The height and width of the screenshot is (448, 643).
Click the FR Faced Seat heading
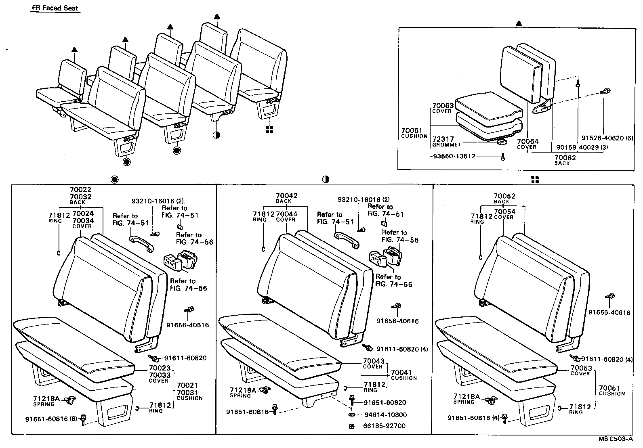(55, 8)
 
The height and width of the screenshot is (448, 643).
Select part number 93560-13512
(452, 157)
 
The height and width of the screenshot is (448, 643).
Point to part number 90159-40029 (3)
(582, 147)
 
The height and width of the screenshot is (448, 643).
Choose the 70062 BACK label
(565, 160)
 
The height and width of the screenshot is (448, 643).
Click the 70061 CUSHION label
(414, 133)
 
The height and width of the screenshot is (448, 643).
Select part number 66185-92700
(385, 426)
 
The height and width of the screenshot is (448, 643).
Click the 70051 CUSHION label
(611, 390)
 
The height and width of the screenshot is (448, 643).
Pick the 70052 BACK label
(504, 198)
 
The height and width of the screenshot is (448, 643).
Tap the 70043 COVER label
(373, 363)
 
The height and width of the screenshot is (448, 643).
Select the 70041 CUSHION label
(403, 375)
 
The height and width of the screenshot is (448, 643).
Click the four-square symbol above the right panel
(535, 180)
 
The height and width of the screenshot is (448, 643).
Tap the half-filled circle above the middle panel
(326, 180)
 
